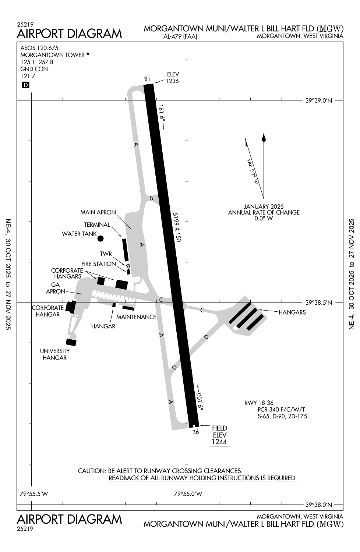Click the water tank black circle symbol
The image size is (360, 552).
(100, 238)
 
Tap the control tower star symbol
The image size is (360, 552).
(128, 266)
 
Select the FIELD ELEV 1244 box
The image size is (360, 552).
(219, 435)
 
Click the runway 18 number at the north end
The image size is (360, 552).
(147, 78)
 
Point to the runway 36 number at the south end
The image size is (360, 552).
(195, 432)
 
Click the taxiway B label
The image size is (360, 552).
(151, 198)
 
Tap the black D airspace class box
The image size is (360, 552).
(26, 85)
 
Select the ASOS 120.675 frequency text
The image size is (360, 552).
(39, 48)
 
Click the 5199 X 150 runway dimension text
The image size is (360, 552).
(177, 227)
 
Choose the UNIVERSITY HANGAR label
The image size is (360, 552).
(54, 354)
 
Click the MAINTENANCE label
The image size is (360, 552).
(136, 317)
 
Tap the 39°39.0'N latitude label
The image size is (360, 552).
(319, 100)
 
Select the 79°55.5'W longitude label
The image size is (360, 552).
(34, 493)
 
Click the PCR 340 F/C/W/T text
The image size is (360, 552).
(281, 410)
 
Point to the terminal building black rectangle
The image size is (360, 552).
(125, 250)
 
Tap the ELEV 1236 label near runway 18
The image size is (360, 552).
(172, 78)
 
